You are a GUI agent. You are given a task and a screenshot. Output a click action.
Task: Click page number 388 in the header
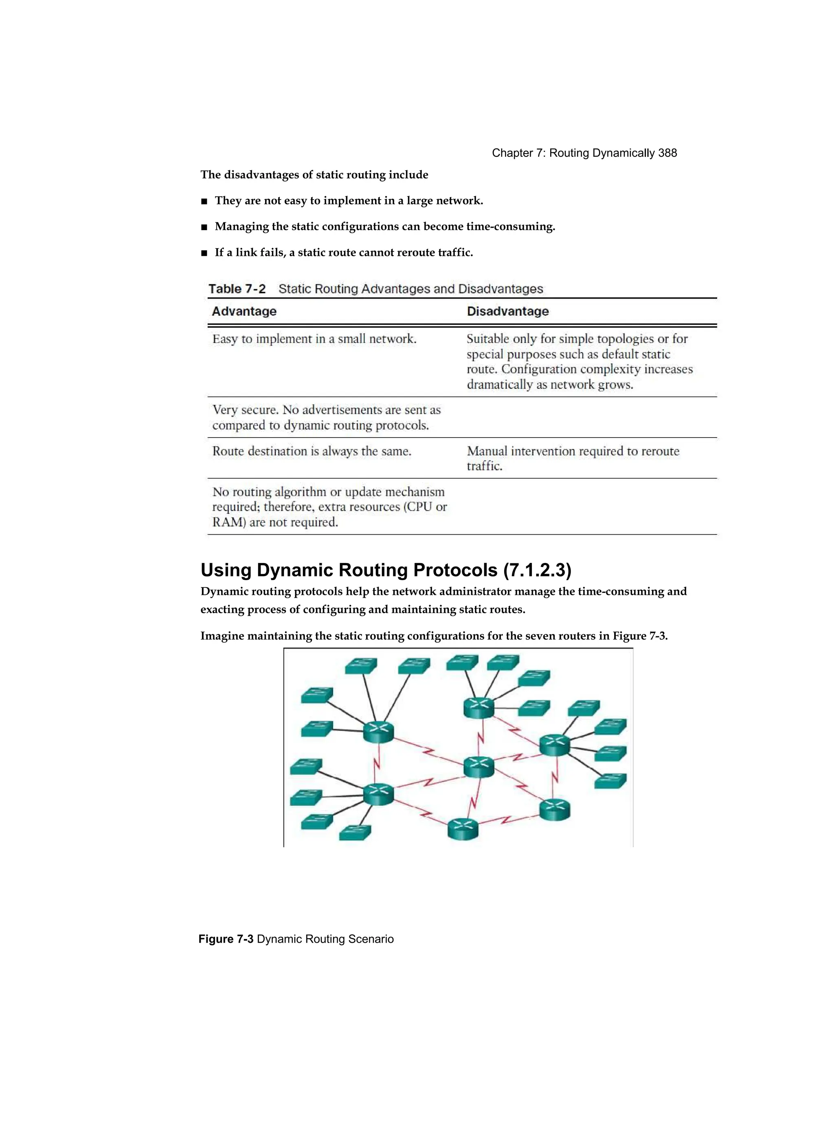(x=667, y=153)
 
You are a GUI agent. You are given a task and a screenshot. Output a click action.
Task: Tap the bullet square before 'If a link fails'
(x=204, y=253)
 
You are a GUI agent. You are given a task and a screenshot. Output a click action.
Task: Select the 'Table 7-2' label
(x=237, y=289)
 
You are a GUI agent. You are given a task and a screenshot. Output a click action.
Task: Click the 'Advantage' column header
(x=244, y=311)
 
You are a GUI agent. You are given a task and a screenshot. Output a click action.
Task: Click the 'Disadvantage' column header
(x=507, y=311)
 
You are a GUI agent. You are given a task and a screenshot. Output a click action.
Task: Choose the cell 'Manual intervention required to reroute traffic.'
(x=573, y=458)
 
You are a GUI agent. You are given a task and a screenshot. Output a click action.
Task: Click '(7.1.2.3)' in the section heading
(x=538, y=570)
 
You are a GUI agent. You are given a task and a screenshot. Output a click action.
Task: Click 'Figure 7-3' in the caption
(x=226, y=939)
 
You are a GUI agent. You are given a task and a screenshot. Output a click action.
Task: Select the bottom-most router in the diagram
(x=463, y=829)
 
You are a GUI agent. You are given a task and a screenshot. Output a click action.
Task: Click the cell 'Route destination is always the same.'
(x=311, y=451)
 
